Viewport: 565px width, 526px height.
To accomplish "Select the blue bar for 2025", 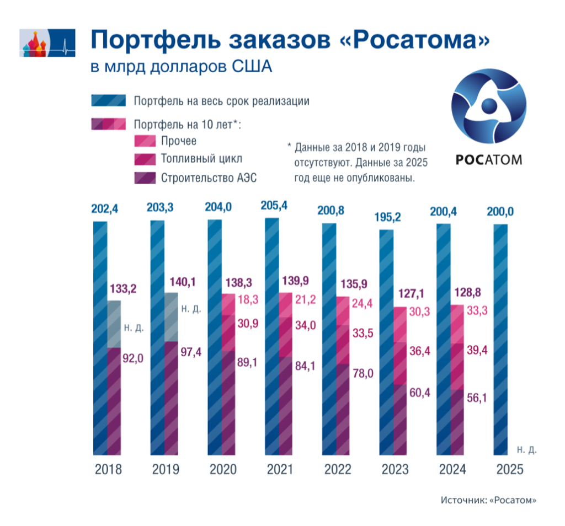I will pyautogui.click(x=500, y=339).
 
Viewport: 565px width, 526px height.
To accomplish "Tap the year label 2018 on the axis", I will pyautogui.click(x=108, y=470).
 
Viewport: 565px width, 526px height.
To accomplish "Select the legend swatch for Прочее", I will pyautogui.click(x=145, y=141).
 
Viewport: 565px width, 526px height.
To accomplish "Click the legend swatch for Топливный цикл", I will pyautogui.click(x=145, y=159).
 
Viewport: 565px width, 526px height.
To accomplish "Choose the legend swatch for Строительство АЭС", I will pyautogui.click(x=145, y=178).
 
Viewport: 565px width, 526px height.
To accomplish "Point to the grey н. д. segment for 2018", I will pyautogui.click(x=114, y=324).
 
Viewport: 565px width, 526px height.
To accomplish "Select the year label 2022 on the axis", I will pyautogui.click(x=337, y=470).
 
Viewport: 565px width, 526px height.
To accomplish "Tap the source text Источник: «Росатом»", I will pyautogui.click(x=488, y=500).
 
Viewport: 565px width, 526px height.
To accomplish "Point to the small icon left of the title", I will pyautogui.click(x=46, y=42).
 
